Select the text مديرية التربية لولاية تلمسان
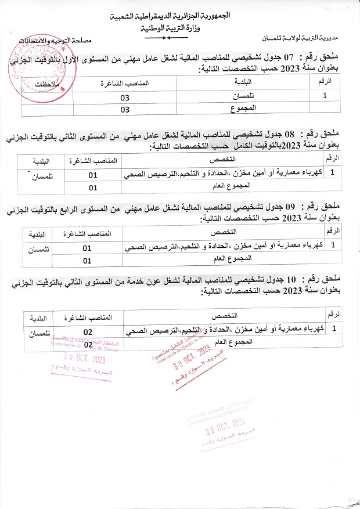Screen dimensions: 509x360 coord(307,39)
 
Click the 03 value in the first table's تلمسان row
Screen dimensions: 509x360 coord(125,96)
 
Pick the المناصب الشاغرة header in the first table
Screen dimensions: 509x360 coord(125,83)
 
